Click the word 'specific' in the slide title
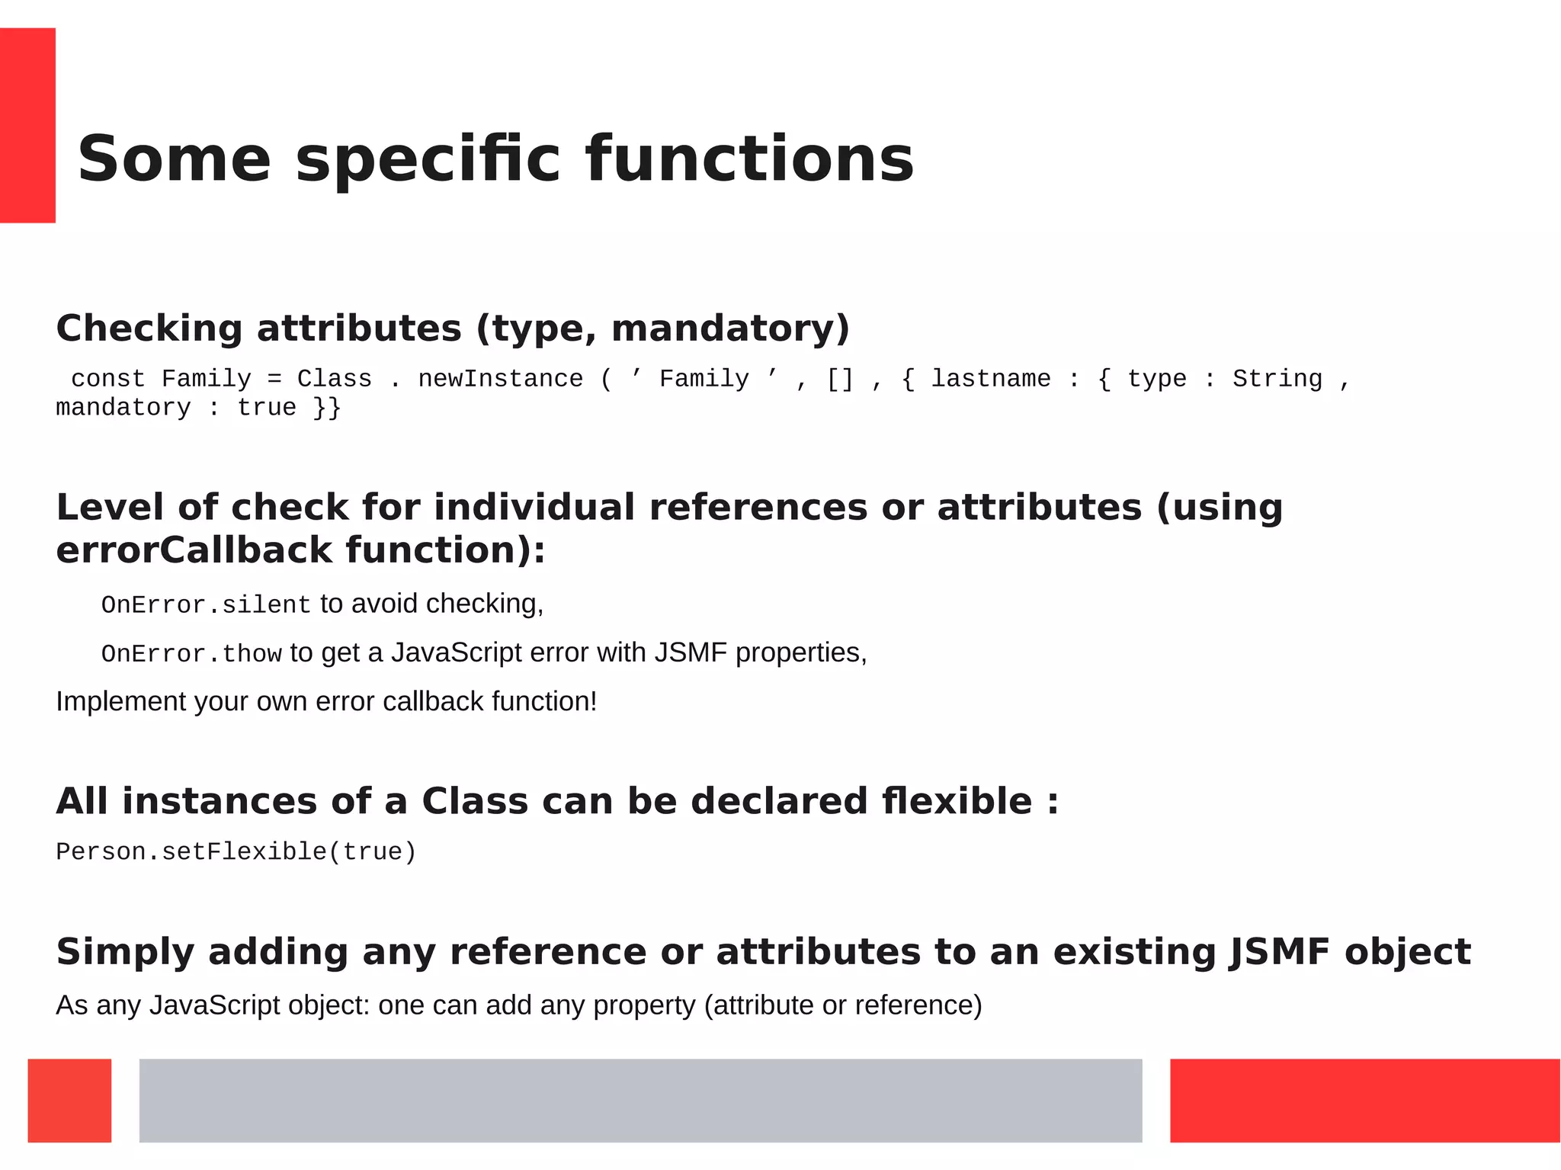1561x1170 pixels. (428, 160)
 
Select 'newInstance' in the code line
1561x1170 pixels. (500, 379)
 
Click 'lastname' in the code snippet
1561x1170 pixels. (990, 379)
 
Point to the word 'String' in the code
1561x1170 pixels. (1277, 379)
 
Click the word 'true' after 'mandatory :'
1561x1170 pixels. (266, 408)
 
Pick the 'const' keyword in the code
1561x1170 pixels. (107, 379)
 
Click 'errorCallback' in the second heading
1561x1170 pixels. (194, 550)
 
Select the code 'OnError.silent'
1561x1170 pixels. (206, 604)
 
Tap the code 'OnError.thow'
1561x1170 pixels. (191, 653)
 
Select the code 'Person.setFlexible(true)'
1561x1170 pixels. (236, 851)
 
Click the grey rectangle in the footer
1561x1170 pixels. (640, 1100)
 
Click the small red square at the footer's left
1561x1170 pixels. (69, 1100)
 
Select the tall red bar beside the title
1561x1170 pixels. (27, 125)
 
